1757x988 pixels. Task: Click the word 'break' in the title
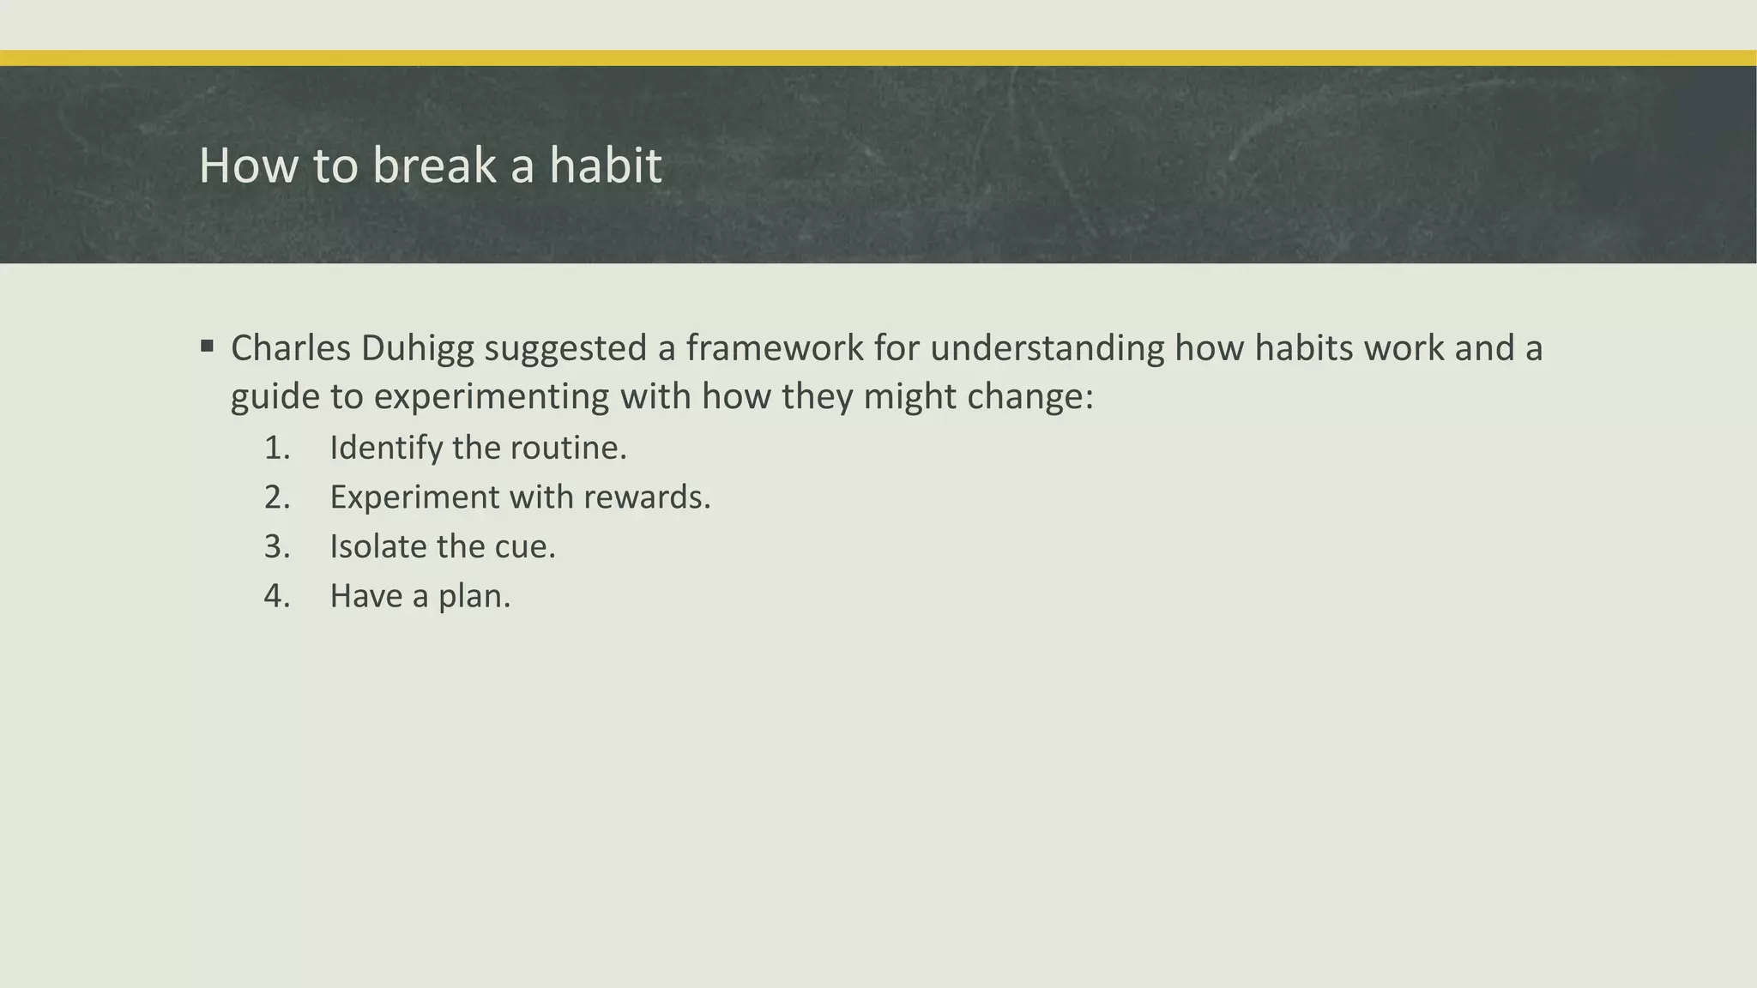(x=434, y=165)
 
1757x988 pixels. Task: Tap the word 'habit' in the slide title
(x=605, y=165)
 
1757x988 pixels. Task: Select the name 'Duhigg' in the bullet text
(x=418, y=348)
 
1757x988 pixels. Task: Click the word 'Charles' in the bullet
(x=291, y=348)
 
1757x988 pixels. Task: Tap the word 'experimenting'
(x=492, y=396)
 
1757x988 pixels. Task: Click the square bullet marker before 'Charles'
(x=207, y=347)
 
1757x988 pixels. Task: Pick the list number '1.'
(x=277, y=448)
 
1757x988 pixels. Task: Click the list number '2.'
(x=277, y=497)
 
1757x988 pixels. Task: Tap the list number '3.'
(x=277, y=546)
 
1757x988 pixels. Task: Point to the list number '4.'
(x=277, y=596)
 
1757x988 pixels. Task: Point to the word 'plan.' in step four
(x=474, y=596)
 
